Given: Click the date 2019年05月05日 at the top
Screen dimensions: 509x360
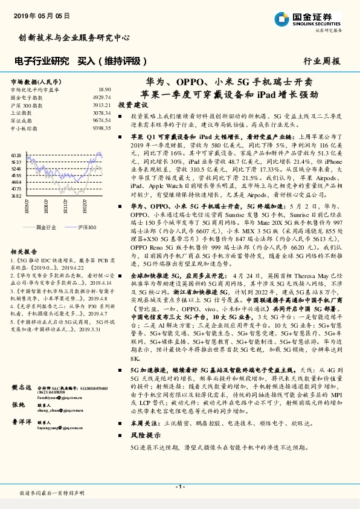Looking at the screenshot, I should pyautogui.click(x=37, y=16).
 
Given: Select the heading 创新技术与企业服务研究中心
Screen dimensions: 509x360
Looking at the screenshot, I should pyautogui.click(x=74, y=37).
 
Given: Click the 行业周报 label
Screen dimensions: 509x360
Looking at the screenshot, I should pyautogui.click(x=321, y=61).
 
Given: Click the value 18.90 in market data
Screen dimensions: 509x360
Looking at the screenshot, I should pyautogui.click(x=104, y=89).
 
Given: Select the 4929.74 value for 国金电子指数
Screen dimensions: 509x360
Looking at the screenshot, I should pyautogui.click(x=101, y=97).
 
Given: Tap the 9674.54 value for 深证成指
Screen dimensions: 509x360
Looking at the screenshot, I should pyautogui.click(x=101, y=121).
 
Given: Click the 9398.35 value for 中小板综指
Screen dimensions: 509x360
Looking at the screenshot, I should pyautogui.click(x=101, y=129).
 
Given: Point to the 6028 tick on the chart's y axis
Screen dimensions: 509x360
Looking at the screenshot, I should pyautogui.click(x=16, y=156).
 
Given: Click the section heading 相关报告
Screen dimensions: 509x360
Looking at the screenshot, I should pyautogui.click(x=24, y=251).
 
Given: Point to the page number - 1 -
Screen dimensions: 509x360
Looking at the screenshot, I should pyautogui.click(x=179, y=487).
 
